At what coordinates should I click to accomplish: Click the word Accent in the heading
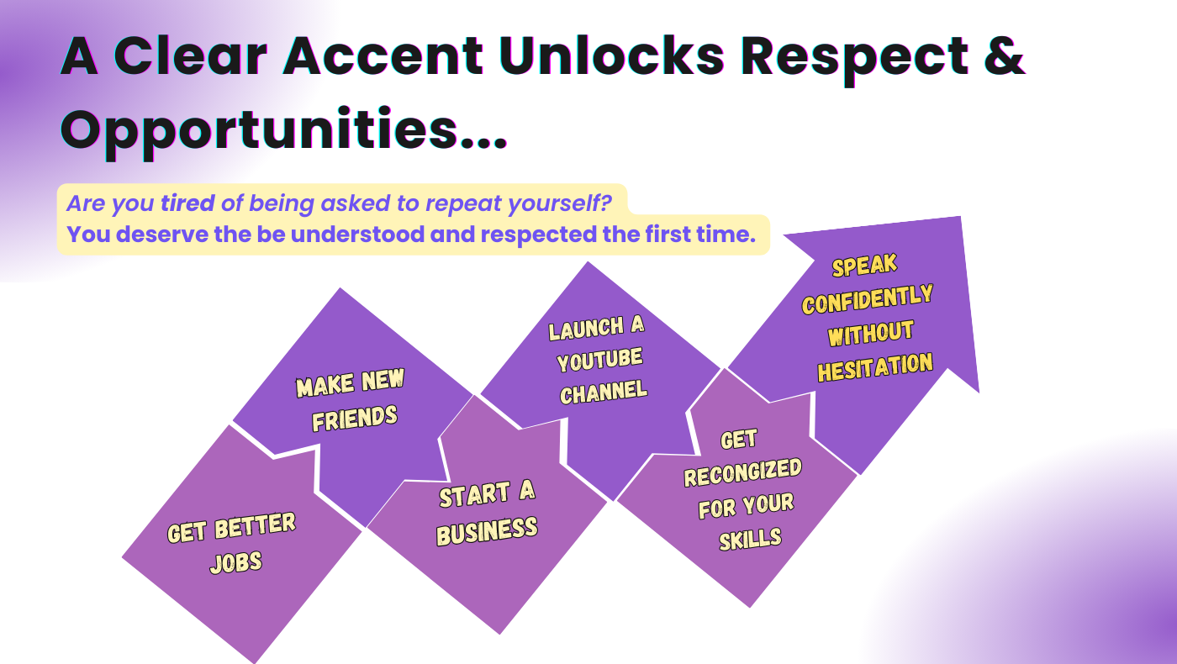pyautogui.click(x=383, y=56)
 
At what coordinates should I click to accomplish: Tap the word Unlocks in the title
pyautogui.click(x=612, y=55)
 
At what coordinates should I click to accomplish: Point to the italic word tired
pyautogui.click(x=187, y=203)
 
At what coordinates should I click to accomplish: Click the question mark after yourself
pyautogui.click(x=606, y=203)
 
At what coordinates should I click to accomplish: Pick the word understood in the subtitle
pyautogui.click(x=357, y=235)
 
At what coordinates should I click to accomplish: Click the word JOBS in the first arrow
pyautogui.click(x=236, y=562)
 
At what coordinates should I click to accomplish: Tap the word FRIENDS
pyautogui.click(x=355, y=419)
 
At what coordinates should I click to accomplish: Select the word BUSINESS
pyautogui.click(x=487, y=531)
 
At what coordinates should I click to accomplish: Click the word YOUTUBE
pyautogui.click(x=599, y=360)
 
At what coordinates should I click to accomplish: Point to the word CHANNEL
pyautogui.click(x=604, y=393)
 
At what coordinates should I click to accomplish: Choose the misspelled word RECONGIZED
pyautogui.click(x=742, y=472)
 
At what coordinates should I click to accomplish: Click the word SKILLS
pyautogui.click(x=750, y=540)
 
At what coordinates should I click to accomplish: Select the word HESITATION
pyautogui.click(x=875, y=367)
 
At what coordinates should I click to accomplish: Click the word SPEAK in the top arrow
pyautogui.click(x=864, y=266)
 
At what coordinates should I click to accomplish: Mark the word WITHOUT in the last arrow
pyautogui.click(x=871, y=334)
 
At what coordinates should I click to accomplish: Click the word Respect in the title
pyautogui.click(x=854, y=60)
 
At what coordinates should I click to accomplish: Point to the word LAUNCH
pyautogui.click(x=586, y=329)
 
